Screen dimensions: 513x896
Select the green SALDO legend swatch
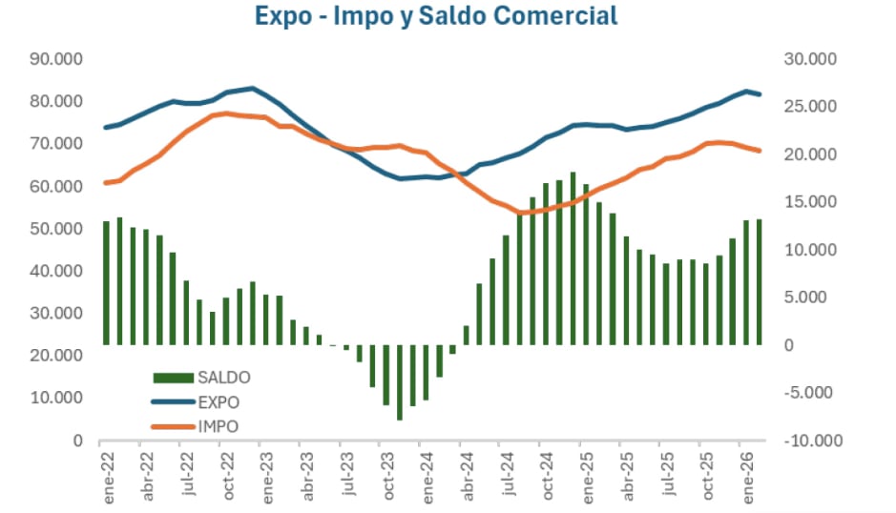click(x=174, y=377)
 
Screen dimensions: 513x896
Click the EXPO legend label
click(x=219, y=401)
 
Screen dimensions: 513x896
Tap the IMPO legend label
click(x=219, y=426)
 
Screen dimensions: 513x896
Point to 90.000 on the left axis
click(x=56, y=59)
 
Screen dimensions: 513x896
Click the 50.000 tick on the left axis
click(x=56, y=229)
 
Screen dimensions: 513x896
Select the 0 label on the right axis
click(x=788, y=345)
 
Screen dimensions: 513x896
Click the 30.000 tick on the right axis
click(x=809, y=59)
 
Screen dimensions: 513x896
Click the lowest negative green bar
click(x=400, y=382)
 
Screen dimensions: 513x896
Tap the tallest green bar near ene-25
click(x=573, y=258)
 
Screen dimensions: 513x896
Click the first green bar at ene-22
click(x=106, y=282)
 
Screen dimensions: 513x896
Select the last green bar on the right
click(x=759, y=281)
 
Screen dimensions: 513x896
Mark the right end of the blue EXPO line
click(x=760, y=94)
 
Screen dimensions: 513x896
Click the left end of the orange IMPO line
click(x=106, y=182)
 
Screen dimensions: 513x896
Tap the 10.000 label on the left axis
click(x=56, y=398)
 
